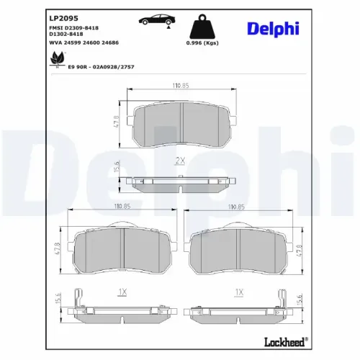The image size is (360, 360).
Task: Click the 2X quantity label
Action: pos(179,161)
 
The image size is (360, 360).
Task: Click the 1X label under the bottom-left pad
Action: pos(122,292)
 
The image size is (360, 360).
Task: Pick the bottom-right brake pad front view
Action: pos(240,247)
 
